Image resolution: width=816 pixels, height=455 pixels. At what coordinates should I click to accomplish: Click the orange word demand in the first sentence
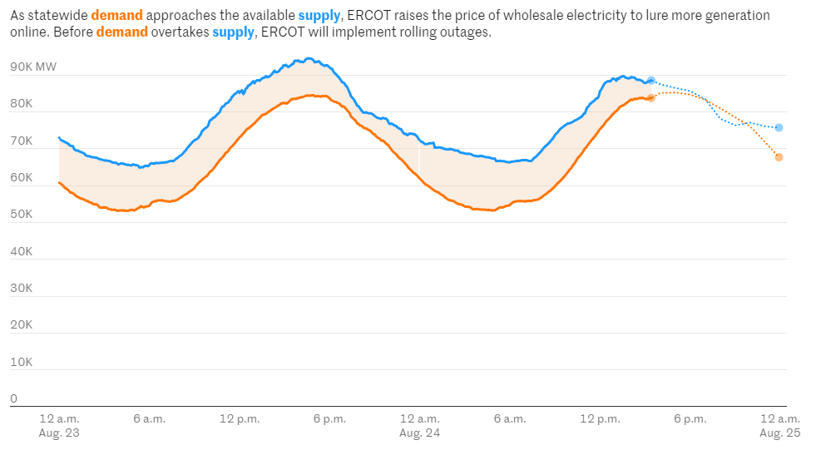click(x=116, y=16)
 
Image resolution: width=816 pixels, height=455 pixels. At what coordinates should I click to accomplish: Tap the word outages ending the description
click(x=467, y=32)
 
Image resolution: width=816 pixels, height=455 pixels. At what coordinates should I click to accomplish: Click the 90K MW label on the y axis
click(x=33, y=67)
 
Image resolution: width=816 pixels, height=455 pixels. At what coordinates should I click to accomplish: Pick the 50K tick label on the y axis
click(x=21, y=214)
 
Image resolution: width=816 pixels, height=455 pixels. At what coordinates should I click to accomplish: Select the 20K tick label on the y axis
click(x=21, y=324)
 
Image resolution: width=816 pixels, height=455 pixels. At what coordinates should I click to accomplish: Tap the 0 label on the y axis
click(x=13, y=398)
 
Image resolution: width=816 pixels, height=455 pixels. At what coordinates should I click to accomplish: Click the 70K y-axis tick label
click(x=21, y=141)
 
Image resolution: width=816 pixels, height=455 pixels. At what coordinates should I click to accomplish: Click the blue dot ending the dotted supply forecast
click(x=779, y=127)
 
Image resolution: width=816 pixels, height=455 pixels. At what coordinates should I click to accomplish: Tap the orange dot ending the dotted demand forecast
click(x=779, y=157)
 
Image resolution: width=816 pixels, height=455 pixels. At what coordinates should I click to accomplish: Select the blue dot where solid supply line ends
click(x=651, y=81)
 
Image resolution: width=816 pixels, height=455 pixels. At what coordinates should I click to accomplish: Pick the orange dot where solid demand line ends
click(x=651, y=98)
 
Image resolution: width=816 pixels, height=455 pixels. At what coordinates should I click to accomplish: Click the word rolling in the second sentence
click(x=399, y=32)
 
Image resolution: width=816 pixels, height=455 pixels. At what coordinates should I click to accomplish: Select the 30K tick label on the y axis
click(x=21, y=288)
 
